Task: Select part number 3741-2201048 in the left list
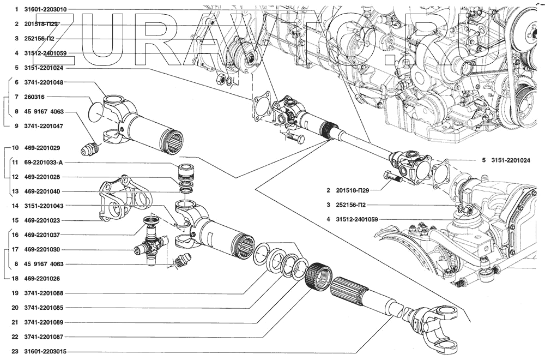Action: click(x=44, y=82)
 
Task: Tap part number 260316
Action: click(x=37, y=97)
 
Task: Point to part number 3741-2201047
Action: click(x=44, y=126)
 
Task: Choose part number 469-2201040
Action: click(x=44, y=191)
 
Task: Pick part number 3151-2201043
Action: click(x=44, y=206)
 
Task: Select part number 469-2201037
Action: click(x=44, y=235)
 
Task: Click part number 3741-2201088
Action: click(x=44, y=293)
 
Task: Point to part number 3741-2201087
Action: click(x=44, y=337)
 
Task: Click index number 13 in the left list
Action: click(x=15, y=191)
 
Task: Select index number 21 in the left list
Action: click(x=15, y=322)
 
